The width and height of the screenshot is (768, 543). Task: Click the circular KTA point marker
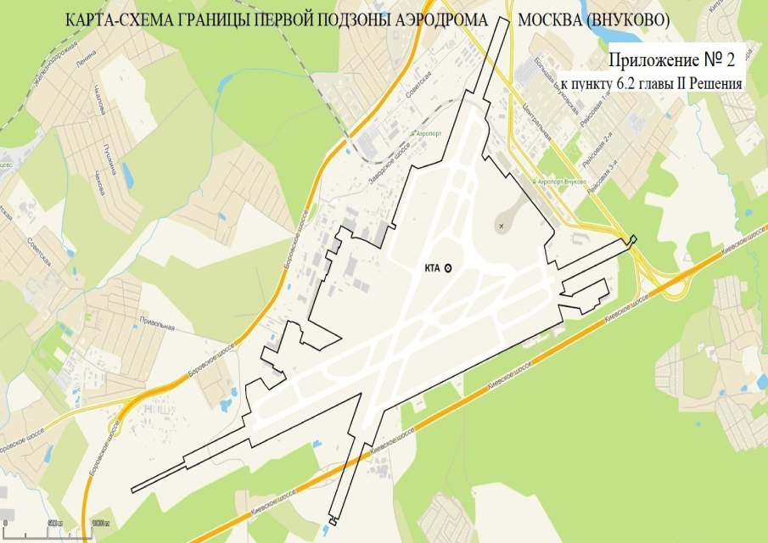[448, 267]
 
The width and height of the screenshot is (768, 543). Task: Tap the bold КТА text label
[432, 267]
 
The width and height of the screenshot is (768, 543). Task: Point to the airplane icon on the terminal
[502, 226]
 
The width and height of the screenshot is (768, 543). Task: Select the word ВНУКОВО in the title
[632, 20]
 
